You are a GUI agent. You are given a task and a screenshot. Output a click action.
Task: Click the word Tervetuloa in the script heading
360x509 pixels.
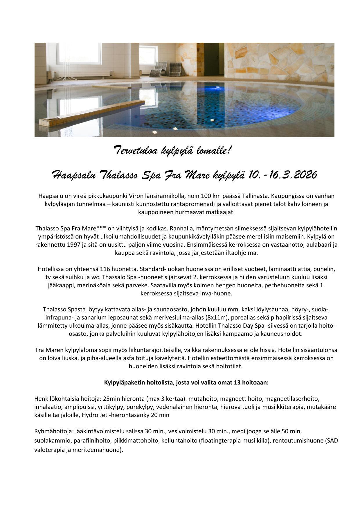135,151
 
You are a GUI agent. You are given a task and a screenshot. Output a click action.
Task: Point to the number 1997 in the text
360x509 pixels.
74,245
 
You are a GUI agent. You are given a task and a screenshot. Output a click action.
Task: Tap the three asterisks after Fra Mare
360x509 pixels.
101,228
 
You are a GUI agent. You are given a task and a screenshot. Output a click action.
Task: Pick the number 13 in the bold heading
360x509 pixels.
236,382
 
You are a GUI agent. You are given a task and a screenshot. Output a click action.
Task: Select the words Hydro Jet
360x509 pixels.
94,415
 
